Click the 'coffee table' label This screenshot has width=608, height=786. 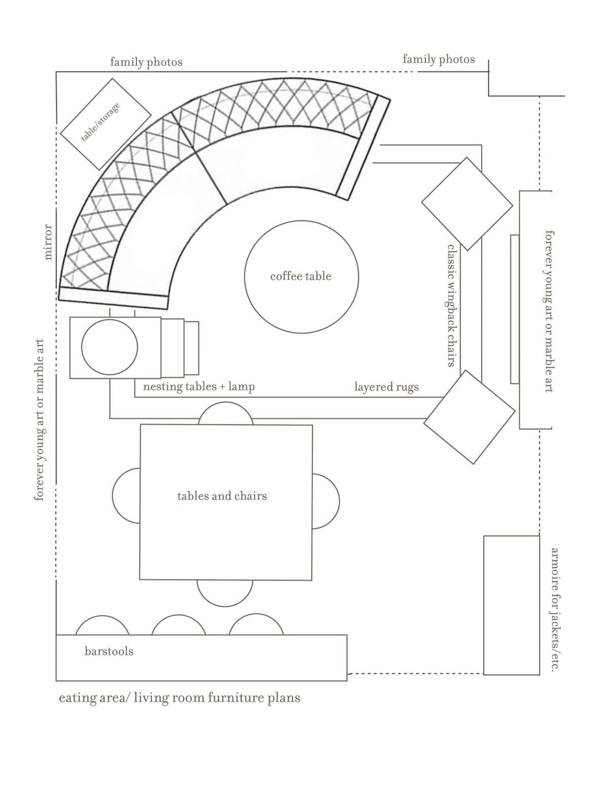point(300,276)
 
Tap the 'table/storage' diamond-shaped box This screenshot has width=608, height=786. point(106,124)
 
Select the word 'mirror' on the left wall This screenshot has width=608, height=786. point(48,242)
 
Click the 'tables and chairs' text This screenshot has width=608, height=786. point(222,495)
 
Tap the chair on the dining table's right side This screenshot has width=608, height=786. point(326,502)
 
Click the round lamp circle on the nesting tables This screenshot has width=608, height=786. point(109,347)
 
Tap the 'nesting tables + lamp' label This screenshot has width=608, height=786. point(199,387)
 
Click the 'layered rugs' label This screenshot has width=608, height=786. point(387,387)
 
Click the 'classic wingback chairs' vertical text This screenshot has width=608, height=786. point(451,306)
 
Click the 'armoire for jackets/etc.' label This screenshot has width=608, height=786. point(555,610)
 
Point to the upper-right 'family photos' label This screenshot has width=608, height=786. point(439,59)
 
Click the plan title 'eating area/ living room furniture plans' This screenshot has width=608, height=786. point(179,698)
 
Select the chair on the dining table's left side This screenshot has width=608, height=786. point(126,495)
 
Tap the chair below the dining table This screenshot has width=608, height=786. point(225,593)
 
